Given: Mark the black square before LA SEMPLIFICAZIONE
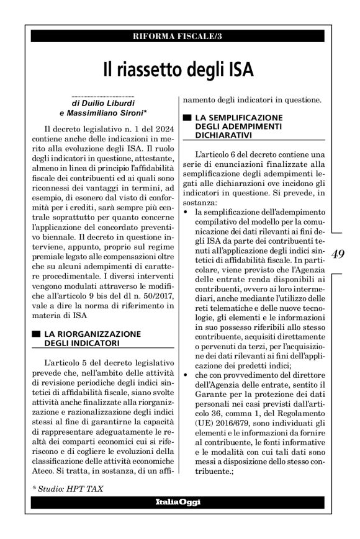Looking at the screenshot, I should (x=186, y=117).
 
